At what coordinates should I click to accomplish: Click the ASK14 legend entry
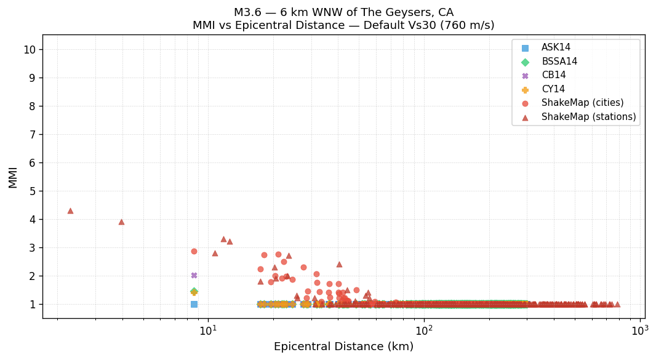(556, 48)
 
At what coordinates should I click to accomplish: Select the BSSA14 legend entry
(559, 62)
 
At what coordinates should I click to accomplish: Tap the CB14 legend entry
(553, 76)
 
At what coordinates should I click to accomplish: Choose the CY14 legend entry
(553, 89)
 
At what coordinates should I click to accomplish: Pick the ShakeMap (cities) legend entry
(582, 103)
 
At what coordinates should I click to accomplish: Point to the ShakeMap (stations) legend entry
(588, 117)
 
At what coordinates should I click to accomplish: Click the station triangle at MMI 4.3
(70, 210)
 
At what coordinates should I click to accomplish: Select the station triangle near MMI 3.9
(121, 222)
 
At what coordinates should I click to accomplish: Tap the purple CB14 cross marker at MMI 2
(194, 275)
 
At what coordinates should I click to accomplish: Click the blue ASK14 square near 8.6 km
(194, 304)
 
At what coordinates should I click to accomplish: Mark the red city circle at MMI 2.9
(194, 251)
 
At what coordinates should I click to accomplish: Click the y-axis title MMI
(13, 177)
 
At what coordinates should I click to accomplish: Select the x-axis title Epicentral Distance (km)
(343, 347)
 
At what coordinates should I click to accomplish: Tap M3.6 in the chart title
(247, 13)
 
